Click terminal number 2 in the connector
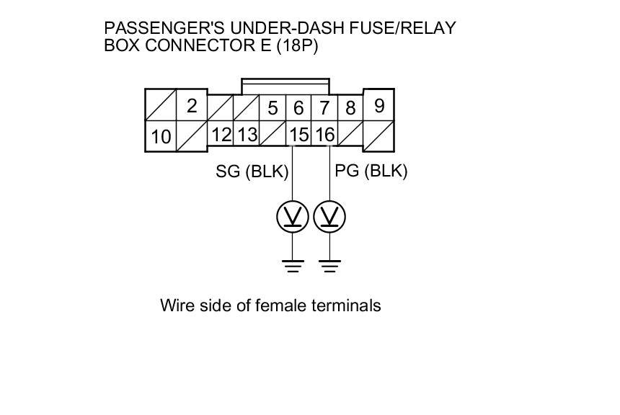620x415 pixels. (192, 107)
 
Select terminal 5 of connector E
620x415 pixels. (273, 109)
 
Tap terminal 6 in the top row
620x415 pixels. (298, 109)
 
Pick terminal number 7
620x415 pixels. (324, 109)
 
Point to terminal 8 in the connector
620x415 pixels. (350, 109)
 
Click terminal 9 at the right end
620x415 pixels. (379, 106)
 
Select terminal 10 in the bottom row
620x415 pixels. (161, 136)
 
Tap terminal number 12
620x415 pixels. (221, 134)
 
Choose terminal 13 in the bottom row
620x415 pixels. (247, 134)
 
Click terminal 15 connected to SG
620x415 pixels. (298, 134)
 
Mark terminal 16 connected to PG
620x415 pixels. (324, 134)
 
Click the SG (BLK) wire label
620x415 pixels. (252, 171)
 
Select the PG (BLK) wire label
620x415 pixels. (371, 171)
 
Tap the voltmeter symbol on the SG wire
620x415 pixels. (293, 216)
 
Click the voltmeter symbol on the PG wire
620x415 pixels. (329, 216)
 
